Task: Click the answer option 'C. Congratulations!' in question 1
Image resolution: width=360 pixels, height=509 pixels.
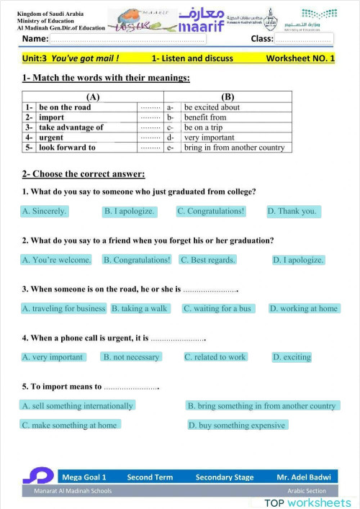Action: [x=211, y=211]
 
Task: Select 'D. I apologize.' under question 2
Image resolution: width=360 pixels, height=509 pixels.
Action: [x=298, y=260]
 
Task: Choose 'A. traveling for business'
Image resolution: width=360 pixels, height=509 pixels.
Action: [x=64, y=308]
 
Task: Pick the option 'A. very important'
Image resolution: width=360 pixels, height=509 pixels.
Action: [x=53, y=356]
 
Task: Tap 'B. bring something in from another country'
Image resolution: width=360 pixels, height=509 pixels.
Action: [x=261, y=405]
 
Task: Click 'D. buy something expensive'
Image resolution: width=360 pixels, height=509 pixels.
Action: [x=237, y=425]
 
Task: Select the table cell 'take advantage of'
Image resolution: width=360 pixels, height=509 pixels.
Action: [x=71, y=127]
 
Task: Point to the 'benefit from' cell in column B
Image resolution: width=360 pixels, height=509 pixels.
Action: [x=205, y=117]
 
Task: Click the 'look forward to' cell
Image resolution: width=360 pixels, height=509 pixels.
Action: [x=67, y=148]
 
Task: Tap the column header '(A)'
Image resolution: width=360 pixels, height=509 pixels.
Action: [x=92, y=96]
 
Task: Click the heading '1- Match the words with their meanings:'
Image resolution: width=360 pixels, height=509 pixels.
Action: [x=106, y=78]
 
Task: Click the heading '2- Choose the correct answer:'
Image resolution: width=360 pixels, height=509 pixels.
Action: [x=84, y=174]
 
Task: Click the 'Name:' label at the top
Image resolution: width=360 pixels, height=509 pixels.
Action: [x=36, y=39]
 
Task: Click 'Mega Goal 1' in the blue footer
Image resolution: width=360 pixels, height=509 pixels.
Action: [x=84, y=477]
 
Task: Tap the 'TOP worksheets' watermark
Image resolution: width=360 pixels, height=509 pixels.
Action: [x=307, y=502]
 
